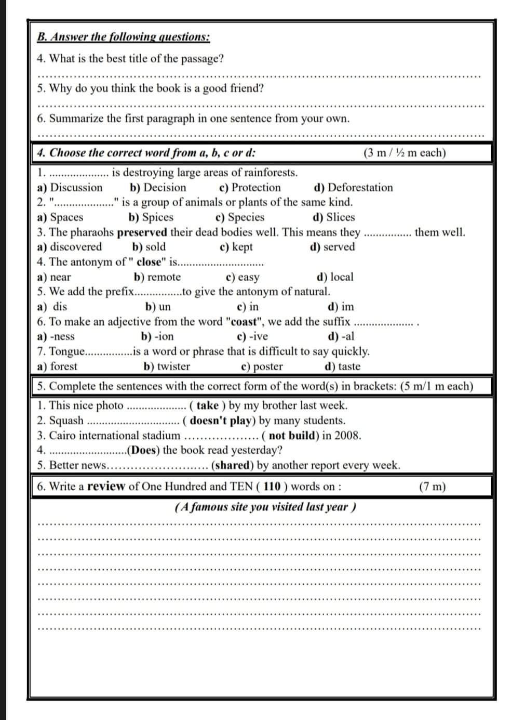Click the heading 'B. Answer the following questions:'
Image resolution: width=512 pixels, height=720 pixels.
124,37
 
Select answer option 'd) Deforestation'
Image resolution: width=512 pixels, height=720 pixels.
353,188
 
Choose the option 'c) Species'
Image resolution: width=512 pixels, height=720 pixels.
239,217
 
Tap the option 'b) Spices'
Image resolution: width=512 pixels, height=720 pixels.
151,217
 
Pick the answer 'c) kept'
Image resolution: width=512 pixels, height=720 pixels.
236,247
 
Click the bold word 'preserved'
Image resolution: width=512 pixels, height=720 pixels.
142,232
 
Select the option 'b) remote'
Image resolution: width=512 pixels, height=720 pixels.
157,277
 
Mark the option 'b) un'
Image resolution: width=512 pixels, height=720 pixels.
158,307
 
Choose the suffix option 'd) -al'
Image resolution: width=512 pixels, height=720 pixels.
342,336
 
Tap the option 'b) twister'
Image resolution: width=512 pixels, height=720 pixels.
167,366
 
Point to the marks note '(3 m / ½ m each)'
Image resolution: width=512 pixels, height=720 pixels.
405,153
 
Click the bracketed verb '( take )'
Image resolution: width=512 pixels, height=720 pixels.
208,405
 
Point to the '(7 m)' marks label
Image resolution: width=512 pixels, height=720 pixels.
432,487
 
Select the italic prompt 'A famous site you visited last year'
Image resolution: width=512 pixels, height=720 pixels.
265,507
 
